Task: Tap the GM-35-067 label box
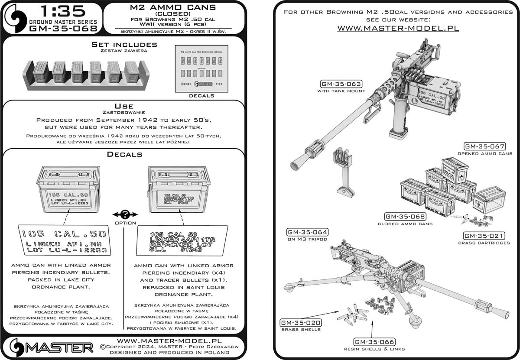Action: point(485,146)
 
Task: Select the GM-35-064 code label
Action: point(306,232)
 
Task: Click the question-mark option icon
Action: point(125,214)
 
